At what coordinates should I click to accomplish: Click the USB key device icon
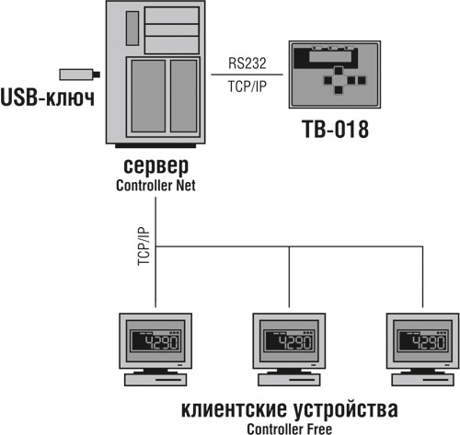tap(75, 74)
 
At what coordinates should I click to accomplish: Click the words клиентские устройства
tap(291, 408)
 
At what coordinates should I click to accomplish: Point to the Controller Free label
tap(290, 427)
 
